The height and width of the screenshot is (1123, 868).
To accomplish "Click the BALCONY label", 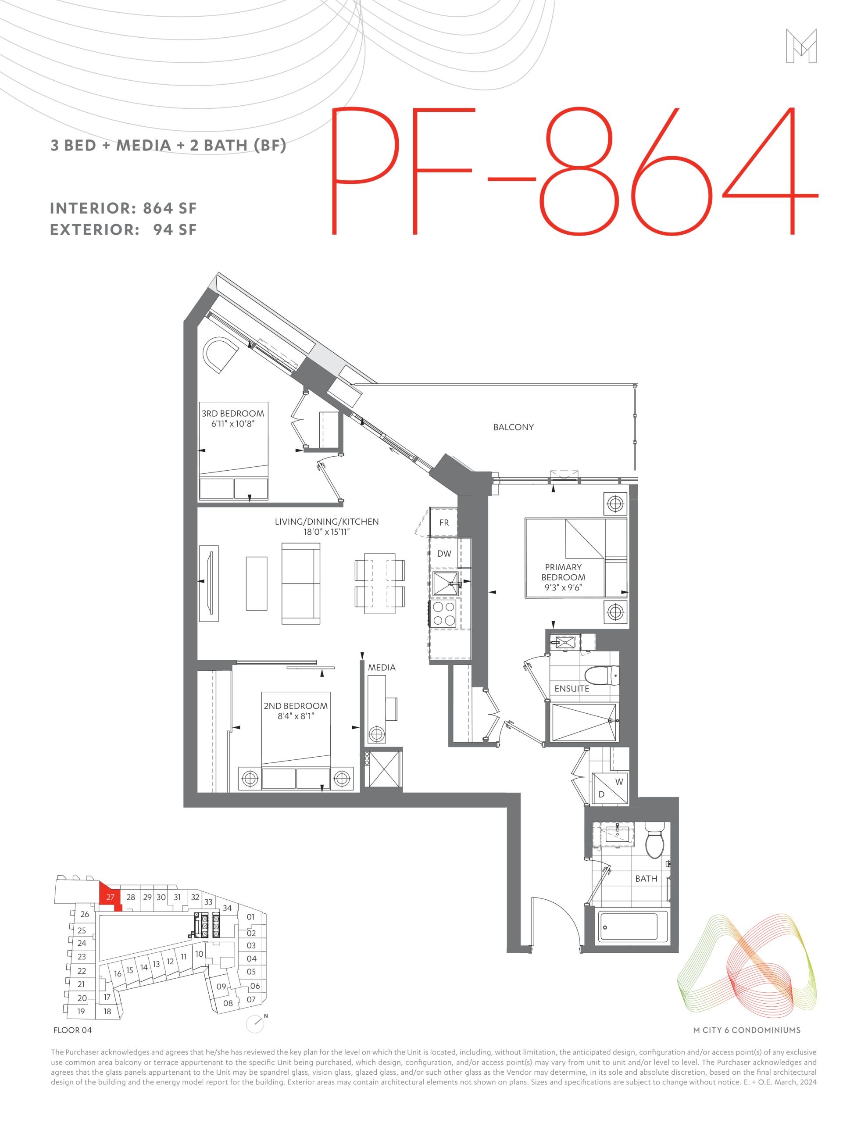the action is pyautogui.click(x=513, y=427).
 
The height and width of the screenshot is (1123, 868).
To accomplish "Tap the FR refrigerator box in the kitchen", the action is pyautogui.click(x=444, y=522).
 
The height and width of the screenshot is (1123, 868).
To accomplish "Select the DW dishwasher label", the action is pyautogui.click(x=444, y=554).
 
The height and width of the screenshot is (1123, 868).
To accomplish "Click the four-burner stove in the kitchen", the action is pyautogui.click(x=443, y=613).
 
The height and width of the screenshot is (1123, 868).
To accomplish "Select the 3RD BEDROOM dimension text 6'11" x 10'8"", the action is pyautogui.click(x=233, y=424).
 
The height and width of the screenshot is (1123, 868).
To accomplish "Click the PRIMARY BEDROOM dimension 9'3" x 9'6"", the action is pyautogui.click(x=563, y=588).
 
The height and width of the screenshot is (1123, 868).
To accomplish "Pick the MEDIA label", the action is pyautogui.click(x=382, y=667).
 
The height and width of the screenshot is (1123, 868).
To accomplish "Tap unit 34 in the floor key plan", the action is pyautogui.click(x=227, y=908).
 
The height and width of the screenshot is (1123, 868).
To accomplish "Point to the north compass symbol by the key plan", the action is pyautogui.click(x=256, y=1024).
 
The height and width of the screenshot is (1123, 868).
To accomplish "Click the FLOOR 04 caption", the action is pyautogui.click(x=72, y=1030).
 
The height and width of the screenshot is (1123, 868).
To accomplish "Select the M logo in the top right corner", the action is pyautogui.click(x=801, y=46).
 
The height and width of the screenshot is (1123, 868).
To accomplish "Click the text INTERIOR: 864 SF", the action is pyautogui.click(x=123, y=208).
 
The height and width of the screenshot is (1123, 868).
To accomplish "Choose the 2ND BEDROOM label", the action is pyautogui.click(x=296, y=706).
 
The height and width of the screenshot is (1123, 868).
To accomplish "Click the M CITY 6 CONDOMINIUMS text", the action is pyautogui.click(x=747, y=1030).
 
